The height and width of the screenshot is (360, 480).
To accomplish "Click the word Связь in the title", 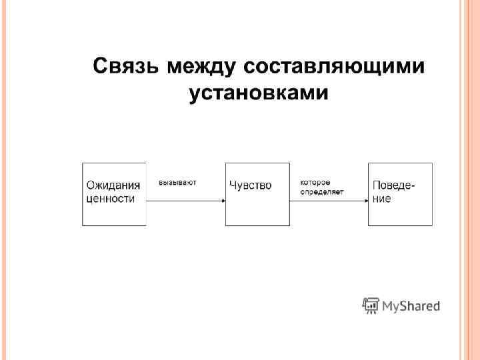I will click(125, 67).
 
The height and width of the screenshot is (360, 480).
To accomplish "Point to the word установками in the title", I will click(259, 93).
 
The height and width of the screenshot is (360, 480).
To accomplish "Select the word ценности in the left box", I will click(111, 198).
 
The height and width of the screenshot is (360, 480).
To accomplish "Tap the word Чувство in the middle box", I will click(250, 185).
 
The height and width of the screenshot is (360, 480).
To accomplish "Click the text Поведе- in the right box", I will click(393, 185).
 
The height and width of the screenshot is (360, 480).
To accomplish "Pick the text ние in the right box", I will click(382, 198).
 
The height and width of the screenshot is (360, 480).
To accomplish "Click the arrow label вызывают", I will click(177, 182).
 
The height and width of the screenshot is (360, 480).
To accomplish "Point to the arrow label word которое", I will click(315, 182).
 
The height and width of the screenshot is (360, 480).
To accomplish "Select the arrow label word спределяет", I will click(321, 192).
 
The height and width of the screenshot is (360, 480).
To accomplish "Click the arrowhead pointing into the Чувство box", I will click(222, 201).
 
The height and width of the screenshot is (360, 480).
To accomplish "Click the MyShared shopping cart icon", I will click(371, 305).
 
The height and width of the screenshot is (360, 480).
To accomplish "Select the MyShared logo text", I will click(411, 307).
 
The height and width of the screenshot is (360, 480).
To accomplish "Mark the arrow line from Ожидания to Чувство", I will click(183, 201).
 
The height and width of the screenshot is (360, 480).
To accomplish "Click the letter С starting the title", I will click(99, 67).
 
